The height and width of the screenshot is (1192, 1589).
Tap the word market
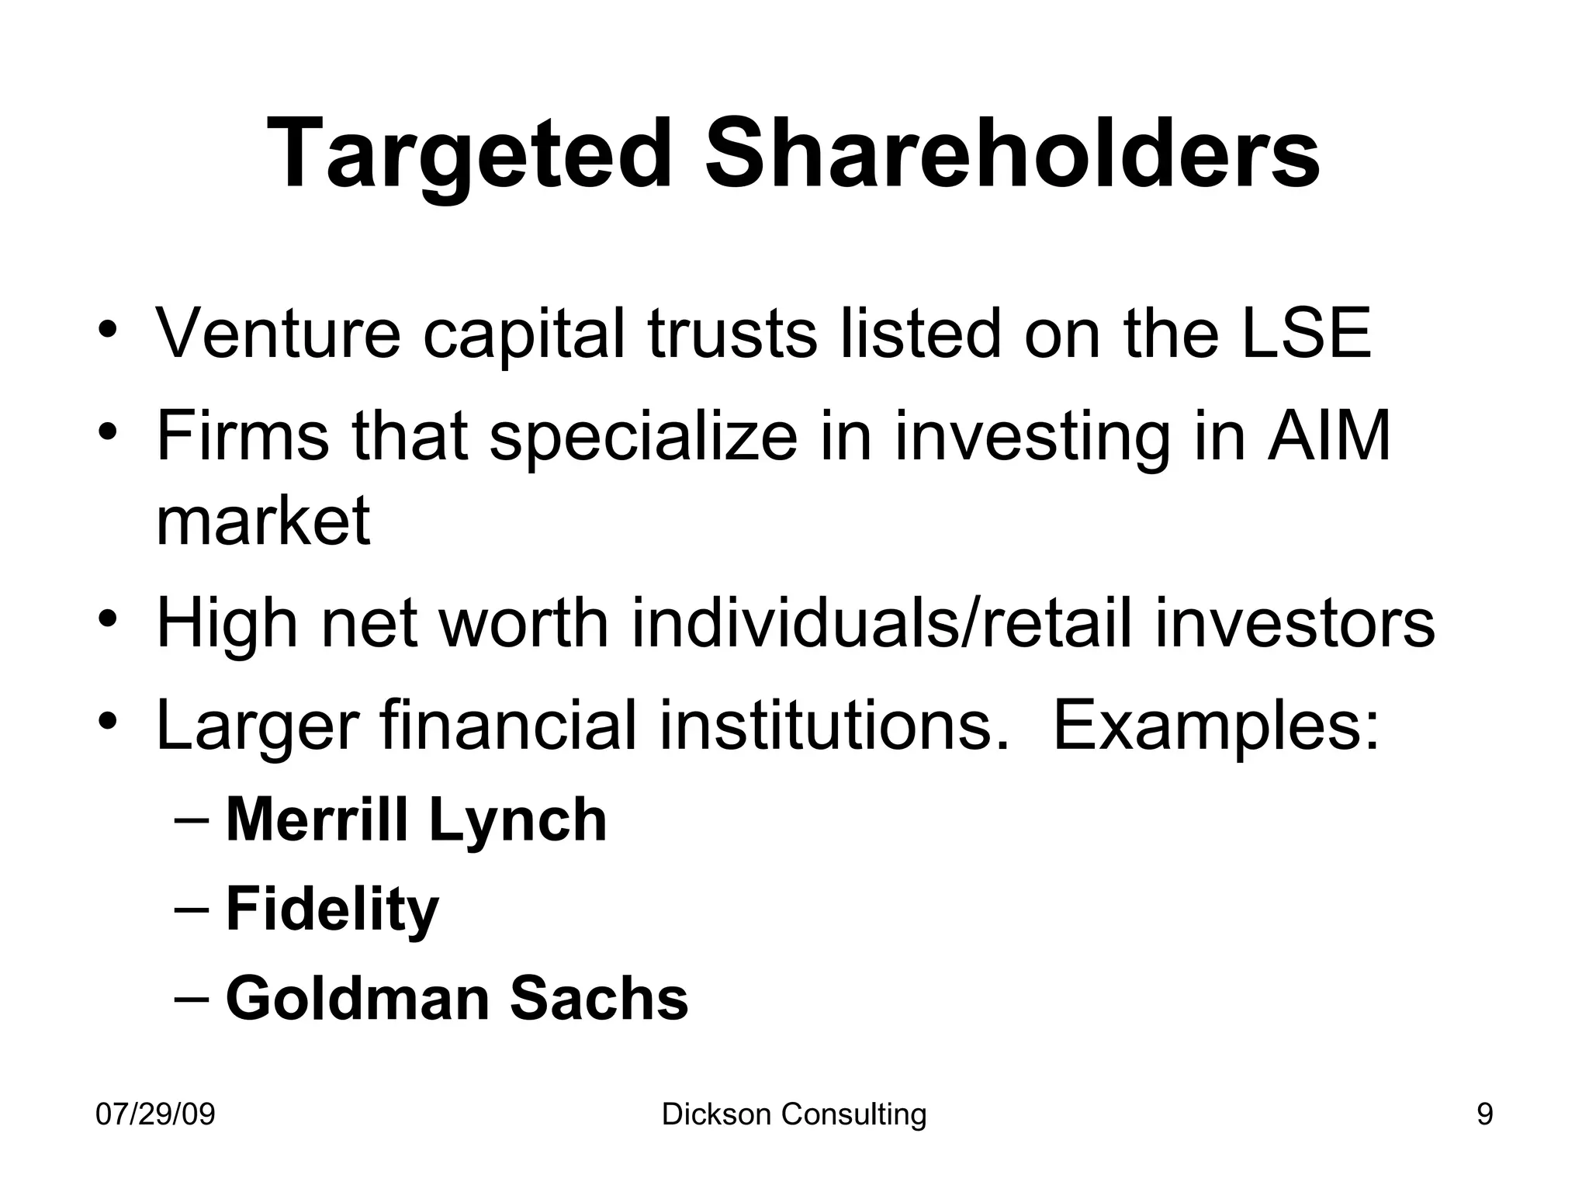[x=263, y=521]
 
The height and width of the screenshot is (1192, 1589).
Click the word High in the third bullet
[x=227, y=624]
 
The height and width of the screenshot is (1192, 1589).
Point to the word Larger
[x=257, y=726]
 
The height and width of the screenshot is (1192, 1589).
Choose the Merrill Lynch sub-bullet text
[x=416, y=820]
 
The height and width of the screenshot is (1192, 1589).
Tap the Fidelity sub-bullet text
[x=332, y=910]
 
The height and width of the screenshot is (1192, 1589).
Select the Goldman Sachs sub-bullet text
[x=456, y=999]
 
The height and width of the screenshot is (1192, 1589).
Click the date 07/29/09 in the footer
[x=155, y=1115]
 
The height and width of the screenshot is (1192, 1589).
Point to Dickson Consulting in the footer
[x=794, y=1115]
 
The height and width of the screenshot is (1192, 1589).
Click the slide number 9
[x=1484, y=1115]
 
